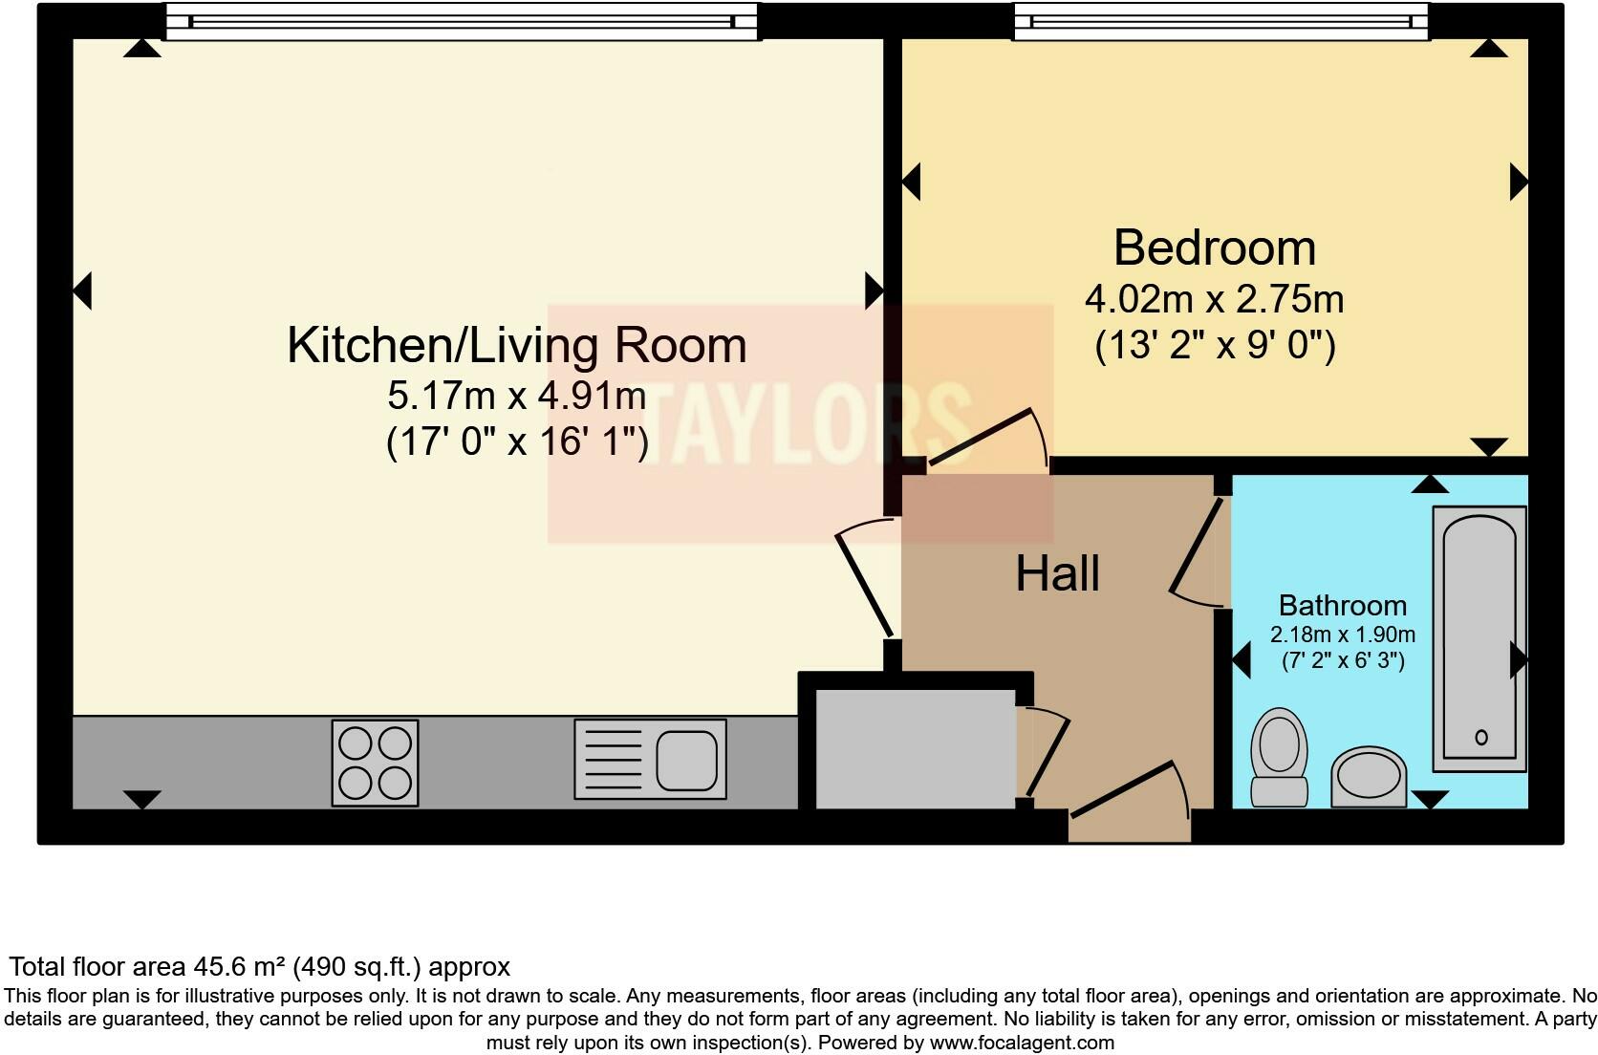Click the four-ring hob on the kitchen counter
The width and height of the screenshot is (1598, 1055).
375,762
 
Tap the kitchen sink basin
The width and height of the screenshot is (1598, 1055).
686,760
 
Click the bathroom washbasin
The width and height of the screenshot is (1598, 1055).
1369,776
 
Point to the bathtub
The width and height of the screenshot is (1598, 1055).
1479,637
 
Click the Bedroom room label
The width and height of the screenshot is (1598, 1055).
1215,248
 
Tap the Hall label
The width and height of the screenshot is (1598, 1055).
1057,573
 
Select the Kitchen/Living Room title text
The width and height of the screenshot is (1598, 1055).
516,345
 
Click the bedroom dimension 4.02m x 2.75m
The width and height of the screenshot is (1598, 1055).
1214,299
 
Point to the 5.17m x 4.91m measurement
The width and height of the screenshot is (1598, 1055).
516,395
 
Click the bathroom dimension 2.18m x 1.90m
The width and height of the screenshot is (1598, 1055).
1342,635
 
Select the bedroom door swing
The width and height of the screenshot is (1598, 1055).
989,440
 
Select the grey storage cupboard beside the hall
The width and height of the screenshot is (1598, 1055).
914,745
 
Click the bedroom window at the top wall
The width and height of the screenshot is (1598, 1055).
1220,21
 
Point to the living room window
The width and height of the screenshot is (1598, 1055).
462,21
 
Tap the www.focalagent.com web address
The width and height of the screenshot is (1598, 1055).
1021,1043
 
